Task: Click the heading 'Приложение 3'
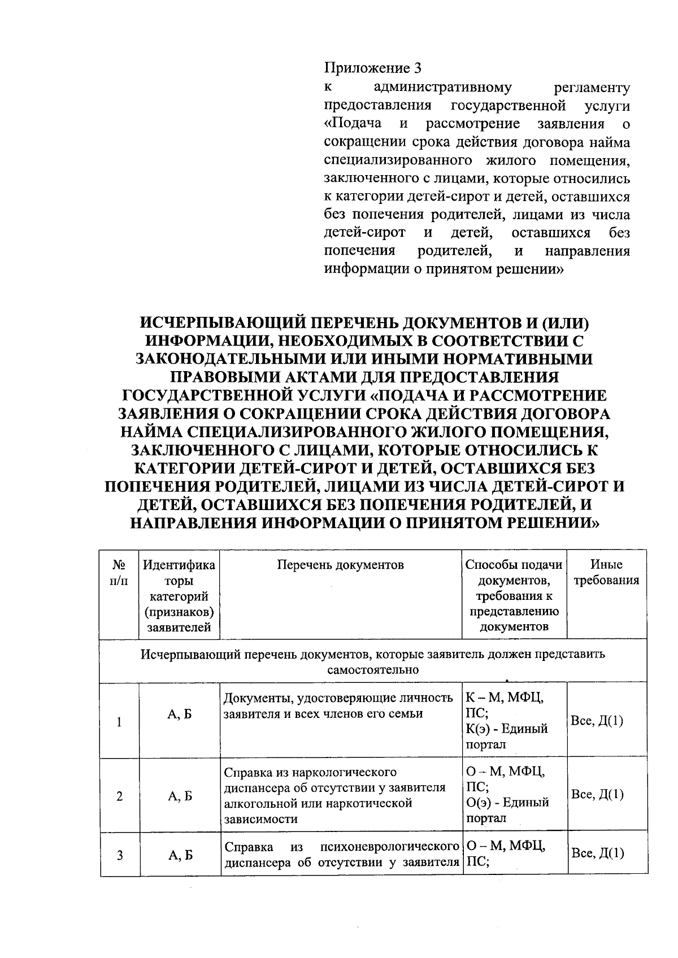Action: [x=372, y=69]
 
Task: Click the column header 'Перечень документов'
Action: [x=341, y=565]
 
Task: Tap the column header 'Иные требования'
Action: [x=606, y=572]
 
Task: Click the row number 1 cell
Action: [x=119, y=721]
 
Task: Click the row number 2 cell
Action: [x=119, y=796]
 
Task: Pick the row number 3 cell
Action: [x=120, y=855]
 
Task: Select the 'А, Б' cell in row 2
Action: [x=180, y=796]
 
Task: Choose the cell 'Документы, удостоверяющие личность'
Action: [x=338, y=706]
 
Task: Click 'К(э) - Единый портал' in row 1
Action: [x=507, y=737]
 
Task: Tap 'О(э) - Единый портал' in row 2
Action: [x=507, y=810]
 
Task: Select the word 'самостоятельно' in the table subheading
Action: [x=373, y=670]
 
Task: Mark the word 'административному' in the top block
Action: [x=443, y=88]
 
